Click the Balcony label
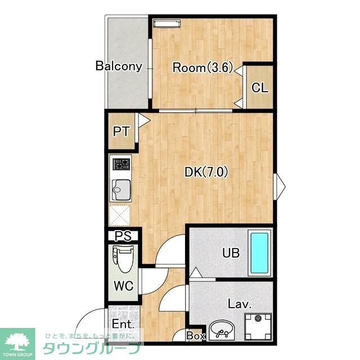(x=119, y=66)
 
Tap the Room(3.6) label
(x=202, y=67)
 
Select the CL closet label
(x=260, y=88)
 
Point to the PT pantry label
(x=121, y=132)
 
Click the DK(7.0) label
(x=206, y=172)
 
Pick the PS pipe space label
(x=123, y=236)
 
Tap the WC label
(x=124, y=286)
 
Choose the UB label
(x=231, y=253)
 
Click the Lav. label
(x=240, y=304)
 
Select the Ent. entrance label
(x=123, y=324)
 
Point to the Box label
(x=196, y=336)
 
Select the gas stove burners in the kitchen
(x=121, y=164)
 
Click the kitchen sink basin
(x=121, y=190)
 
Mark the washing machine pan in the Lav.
(x=258, y=327)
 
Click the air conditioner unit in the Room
(x=167, y=24)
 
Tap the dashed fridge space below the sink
(x=120, y=215)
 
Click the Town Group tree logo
(x=17, y=342)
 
